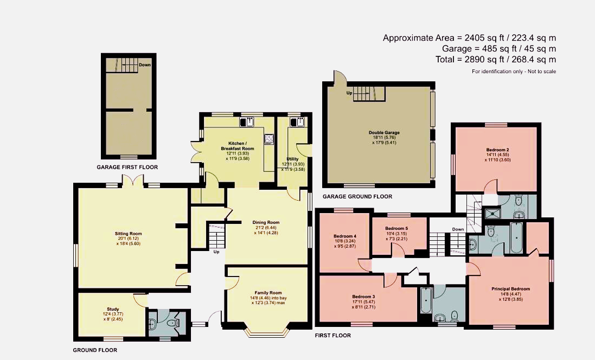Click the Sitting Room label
point(128,234)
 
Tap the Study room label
point(113,309)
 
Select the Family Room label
point(268,293)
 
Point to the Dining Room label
point(266,223)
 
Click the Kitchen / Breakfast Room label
point(238,146)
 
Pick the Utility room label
point(292,159)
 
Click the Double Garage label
point(384,133)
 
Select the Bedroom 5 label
point(396,228)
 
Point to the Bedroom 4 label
point(345,236)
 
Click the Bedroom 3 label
point(363,297)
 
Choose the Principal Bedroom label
point(511,288)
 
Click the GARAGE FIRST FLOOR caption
point(127,168)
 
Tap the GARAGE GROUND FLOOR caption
point(357,196)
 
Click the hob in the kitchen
point(270,139)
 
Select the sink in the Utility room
point(297,122)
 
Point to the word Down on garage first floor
point(145,65)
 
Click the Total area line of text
point(496,60)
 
